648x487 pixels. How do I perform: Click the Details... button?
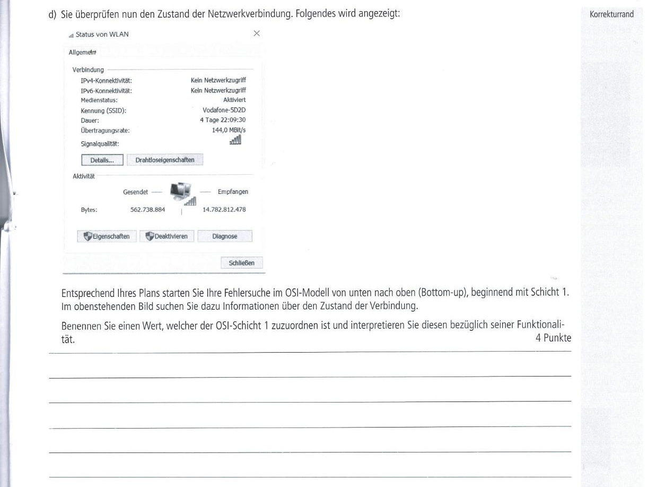[102, 160]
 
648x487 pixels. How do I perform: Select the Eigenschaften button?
[107, 236]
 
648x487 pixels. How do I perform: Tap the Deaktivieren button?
[167, 236]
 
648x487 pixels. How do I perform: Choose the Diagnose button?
[225, 236]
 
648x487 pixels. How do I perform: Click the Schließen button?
[242, 263]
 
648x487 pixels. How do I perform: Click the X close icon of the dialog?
[257, 33]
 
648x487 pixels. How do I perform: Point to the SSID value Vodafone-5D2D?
[224, 110]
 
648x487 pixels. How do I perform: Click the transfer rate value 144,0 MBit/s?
[229, 130]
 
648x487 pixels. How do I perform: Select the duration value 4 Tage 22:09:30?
[223, 120]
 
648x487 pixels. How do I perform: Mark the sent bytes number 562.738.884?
[147, 209]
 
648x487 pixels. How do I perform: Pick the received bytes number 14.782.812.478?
[224, 209]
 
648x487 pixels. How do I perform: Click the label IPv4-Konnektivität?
[106, 81]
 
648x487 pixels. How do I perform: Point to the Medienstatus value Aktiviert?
[234, 100]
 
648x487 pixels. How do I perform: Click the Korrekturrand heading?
[611, 14]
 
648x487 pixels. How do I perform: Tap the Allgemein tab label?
[82, 52]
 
